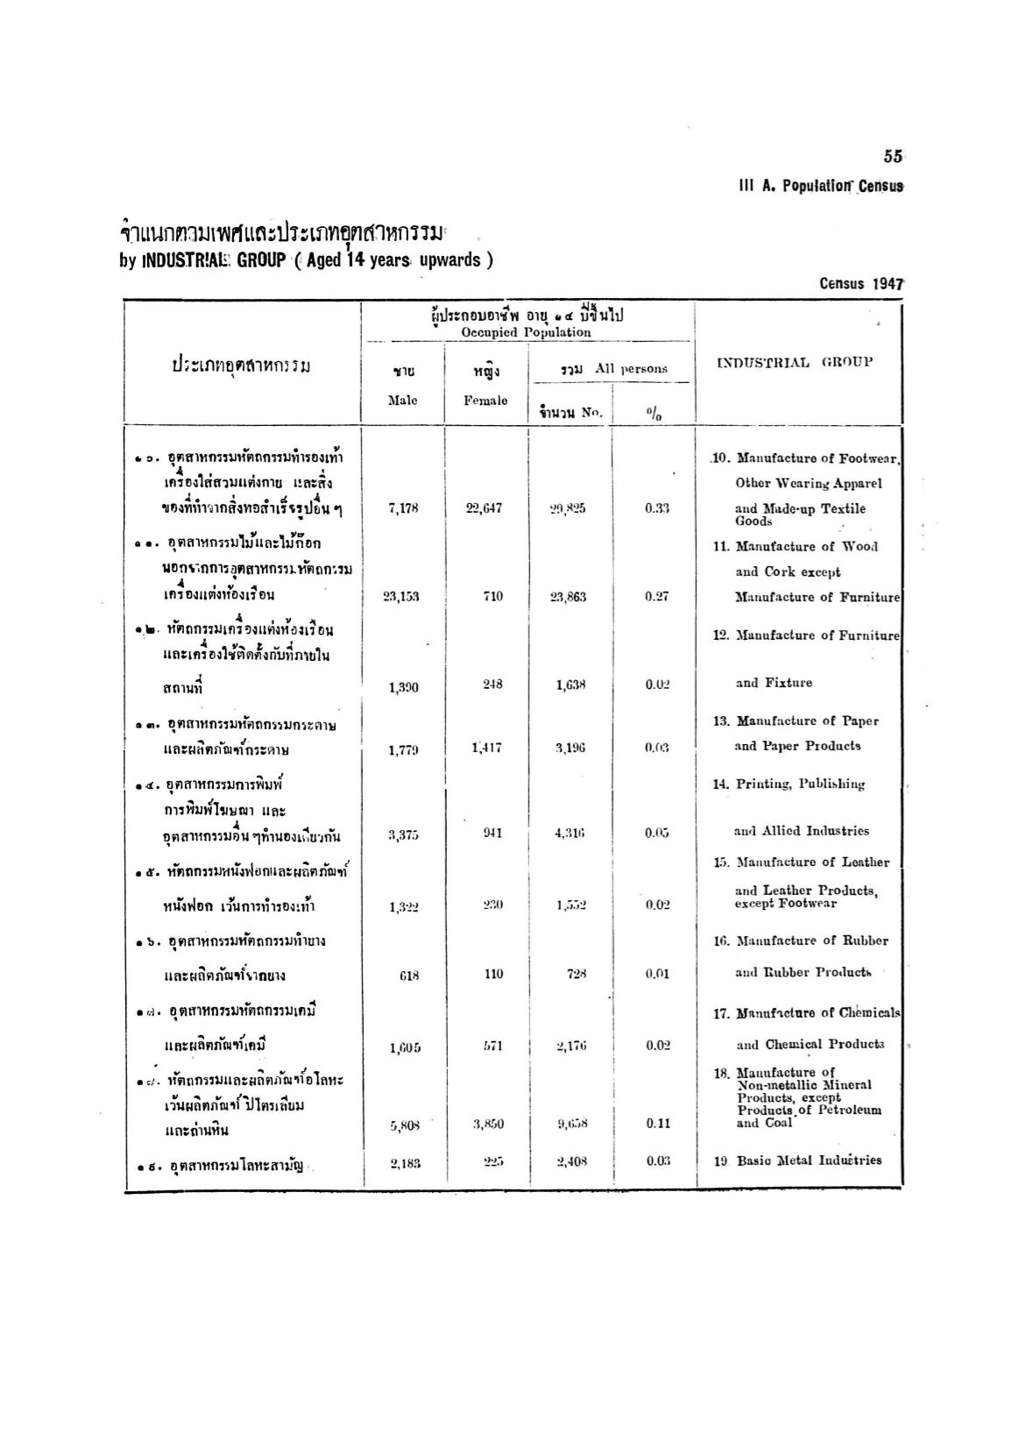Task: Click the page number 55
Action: click(x=893, y=157)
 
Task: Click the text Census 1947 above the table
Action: click(x=861, y=284)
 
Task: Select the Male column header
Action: click(x=403, y=400)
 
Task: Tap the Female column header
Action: click(x=485, y=400)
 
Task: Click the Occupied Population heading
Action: click(x=526, y=332)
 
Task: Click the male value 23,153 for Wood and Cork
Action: click(x=401, y=597)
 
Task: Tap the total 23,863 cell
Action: click(x=568, y=597)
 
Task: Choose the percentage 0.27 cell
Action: click(x=656, y=597)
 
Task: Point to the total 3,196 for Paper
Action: click(x=570, y=748)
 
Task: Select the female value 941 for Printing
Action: click(x=492, y=833)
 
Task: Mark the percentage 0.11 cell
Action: click(x=657, y=1125)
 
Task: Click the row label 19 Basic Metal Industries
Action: click(x=797, y=1160)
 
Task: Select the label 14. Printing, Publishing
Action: click(x=789, y=784)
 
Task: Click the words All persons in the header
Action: click(x=631, y=369)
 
